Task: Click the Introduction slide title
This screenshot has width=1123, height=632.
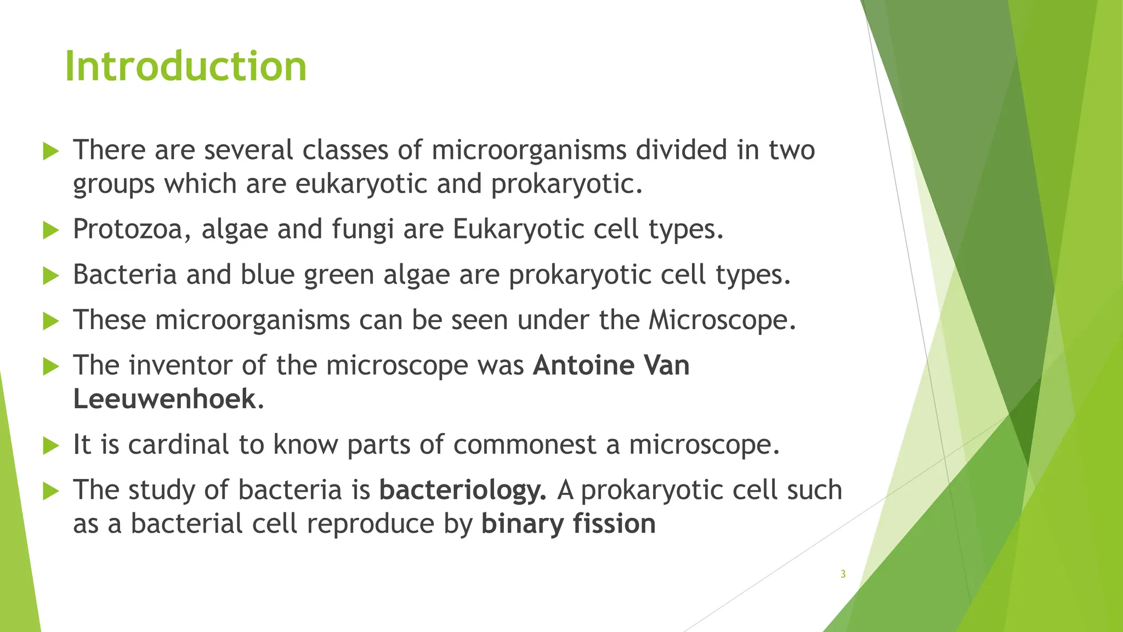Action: pyautogui.click(x=186, y=66)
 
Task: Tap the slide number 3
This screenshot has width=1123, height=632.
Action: pyautogui.click(x=843, y=574)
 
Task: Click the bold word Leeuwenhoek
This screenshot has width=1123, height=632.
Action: pyautogui.click(x=165, y=399)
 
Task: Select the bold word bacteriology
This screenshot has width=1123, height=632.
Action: pyautogui.click(x=462, y=490)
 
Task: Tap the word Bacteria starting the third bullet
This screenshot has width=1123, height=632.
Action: pyautogui.click(x=124, y=274)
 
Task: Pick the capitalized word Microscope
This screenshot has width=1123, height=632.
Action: pyautogui.click(x=722, y=320)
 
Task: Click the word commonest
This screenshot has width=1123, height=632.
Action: pyautogui.click(x=525, y=444)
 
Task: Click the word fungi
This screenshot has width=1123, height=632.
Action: pyautogui.click(x=362, y=229)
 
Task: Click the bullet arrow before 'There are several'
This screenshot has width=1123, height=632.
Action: pyautogui.click(x=50, y=151)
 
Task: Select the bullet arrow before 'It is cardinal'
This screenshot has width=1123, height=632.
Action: pyautogui.click(x=50, y=445)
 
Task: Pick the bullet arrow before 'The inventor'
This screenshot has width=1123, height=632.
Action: pyautogui.click(x=50, y=366)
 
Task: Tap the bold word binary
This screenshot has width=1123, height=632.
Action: pyautogui.click(x=522, y=523)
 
